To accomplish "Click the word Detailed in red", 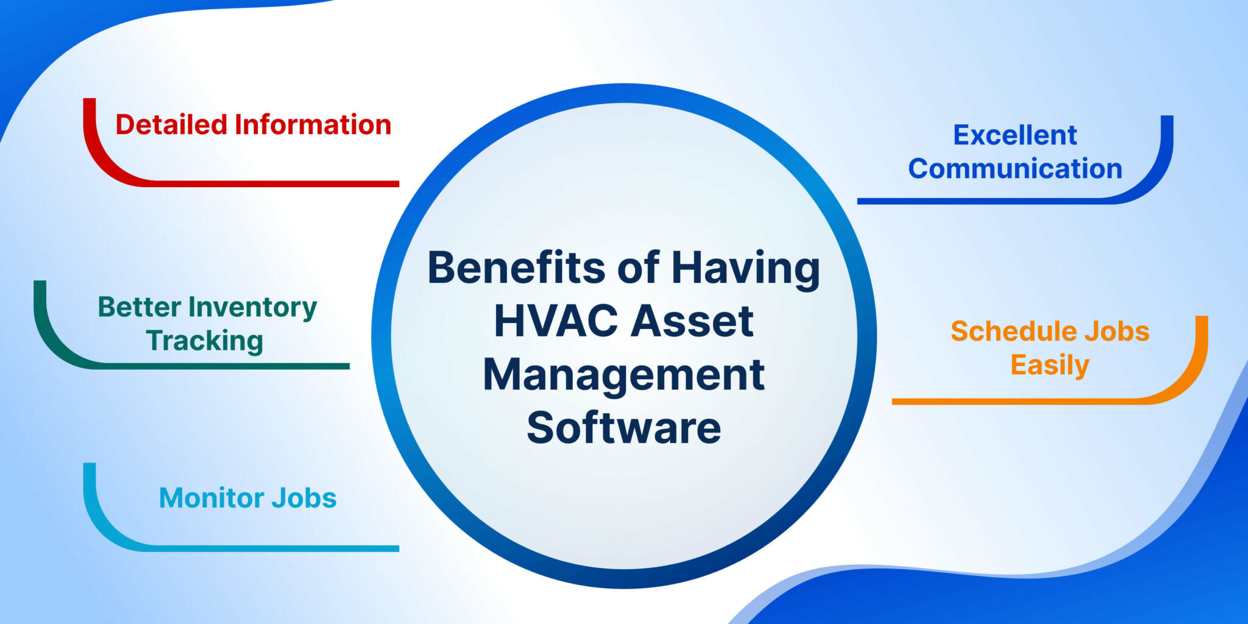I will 171,125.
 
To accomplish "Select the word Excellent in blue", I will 1015,135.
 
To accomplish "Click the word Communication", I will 1015,169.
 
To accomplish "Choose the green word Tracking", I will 205,341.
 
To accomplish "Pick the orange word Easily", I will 1049,366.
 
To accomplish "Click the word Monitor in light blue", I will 211,498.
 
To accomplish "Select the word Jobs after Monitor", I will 304,498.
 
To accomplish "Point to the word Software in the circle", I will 623,428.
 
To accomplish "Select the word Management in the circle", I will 623,375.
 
